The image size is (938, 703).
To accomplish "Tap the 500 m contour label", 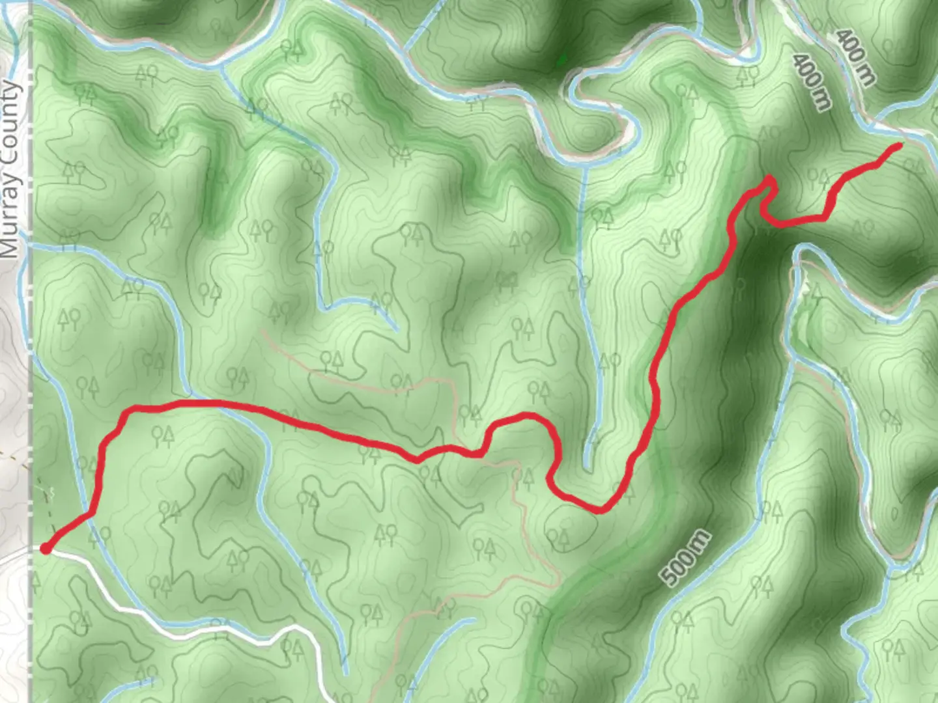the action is click(x=685, y=558).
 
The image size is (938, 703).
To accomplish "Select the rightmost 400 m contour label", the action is click(x=855, y=57).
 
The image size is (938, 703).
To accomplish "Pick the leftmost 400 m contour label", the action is click(x=812, y=81).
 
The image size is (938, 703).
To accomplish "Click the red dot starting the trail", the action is click(x=46, y=549).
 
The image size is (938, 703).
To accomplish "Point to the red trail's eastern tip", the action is click(x=899, y=146).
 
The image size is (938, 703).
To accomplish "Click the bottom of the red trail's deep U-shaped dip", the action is click(x=599, y=510).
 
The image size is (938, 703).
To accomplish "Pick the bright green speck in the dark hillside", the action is click(x=561, y=61).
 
